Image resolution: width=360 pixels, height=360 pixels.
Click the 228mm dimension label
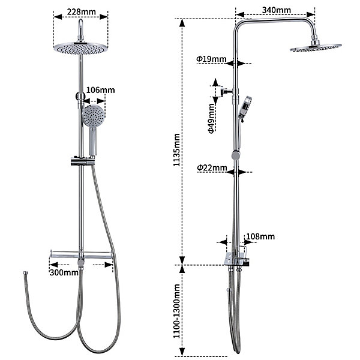[81, 12]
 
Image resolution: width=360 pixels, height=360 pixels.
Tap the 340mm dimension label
[277, 10]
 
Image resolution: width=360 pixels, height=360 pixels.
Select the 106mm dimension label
[101, 90]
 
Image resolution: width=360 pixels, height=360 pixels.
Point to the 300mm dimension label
[64, 272]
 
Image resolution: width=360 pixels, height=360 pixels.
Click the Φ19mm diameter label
[211, 59]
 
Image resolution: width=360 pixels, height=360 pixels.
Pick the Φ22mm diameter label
[212, 168]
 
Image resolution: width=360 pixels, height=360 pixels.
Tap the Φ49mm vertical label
[211, 118]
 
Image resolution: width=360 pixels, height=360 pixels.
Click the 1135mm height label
[176, 150]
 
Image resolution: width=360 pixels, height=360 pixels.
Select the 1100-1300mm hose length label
[176, 311]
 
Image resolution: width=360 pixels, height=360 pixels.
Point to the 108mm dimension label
[260, 236]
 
